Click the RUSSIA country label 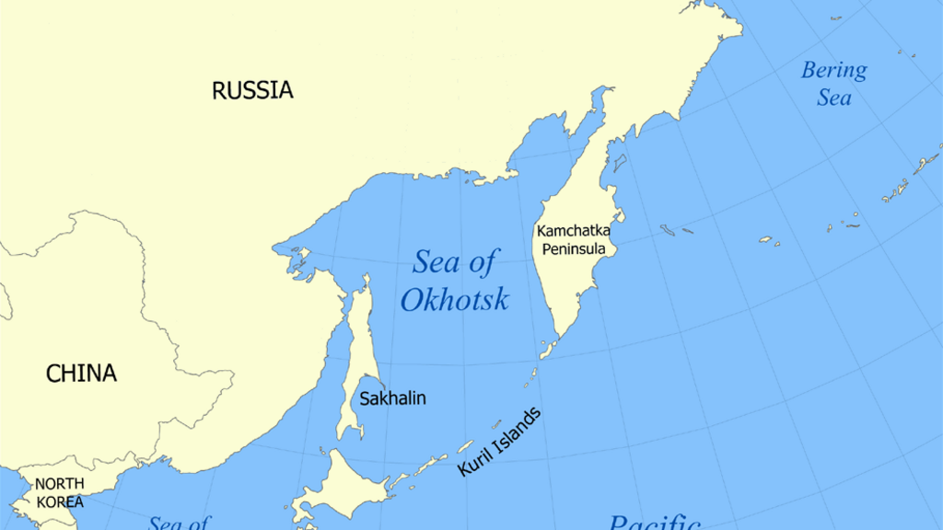click(252, 90)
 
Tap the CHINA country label click(82, 374)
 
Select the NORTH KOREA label click(60, 493)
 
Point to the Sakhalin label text click(392, 398)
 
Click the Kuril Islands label click(499, 442)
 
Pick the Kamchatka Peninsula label click(573, 239)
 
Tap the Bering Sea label click(833, 83)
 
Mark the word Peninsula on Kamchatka click(573, 248)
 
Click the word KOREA click(60, 502)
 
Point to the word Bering click(833, 70)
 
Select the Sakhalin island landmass click(355, 368)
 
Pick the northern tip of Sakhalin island click(366, 277)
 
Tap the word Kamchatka click(573, 230)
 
